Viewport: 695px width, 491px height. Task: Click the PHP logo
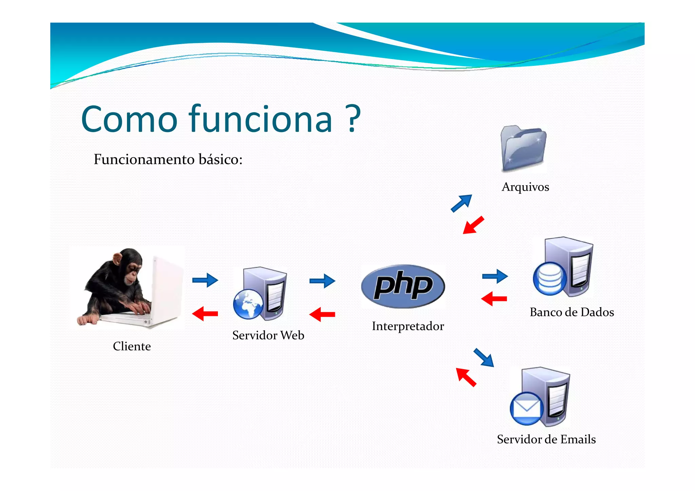tap(403, 286)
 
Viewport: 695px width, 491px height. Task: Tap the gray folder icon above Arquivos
tap(523, 148)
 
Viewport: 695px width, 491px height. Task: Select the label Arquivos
tap(525, 187)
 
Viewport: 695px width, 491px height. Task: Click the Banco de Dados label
tap(572, 312)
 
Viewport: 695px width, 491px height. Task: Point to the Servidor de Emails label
tap(546, 439)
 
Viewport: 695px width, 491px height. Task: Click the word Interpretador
tap(408, 326)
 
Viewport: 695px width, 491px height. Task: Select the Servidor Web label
tap(268, 335)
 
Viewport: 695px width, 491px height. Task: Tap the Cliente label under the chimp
tap(132, 346)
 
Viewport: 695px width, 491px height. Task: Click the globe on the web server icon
tap(248, 304)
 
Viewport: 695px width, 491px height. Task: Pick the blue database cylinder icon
tap(550, 279)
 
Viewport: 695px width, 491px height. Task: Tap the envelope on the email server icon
tap(526, 409)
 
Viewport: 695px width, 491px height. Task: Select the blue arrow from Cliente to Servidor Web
tap(205, 280)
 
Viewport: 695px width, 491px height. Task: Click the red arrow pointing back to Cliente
tap(205, 314)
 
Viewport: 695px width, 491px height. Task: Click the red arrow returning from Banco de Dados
tap(494, 299)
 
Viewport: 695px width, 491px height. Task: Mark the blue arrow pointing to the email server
tap(484, 358)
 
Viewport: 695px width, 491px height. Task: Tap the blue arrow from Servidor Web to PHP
tap(322, 281)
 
